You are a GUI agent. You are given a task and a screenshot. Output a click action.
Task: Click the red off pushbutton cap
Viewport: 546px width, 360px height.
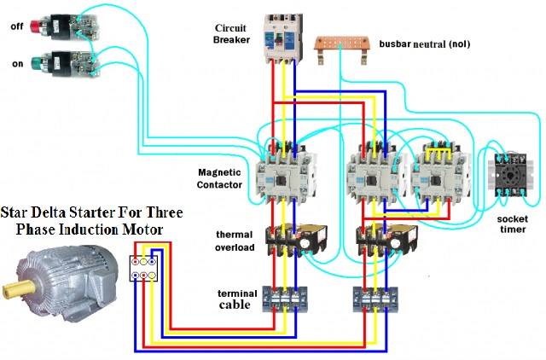click(35, 26)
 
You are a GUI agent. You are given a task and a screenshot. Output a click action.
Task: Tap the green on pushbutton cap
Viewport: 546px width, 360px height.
click(36, 63)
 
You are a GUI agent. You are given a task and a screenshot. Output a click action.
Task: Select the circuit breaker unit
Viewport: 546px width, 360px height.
click(283, 38)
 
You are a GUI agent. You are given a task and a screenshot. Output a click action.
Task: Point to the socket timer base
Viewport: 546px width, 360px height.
click(510, 174)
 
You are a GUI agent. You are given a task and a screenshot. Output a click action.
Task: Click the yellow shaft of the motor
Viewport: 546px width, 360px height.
click(18, 287)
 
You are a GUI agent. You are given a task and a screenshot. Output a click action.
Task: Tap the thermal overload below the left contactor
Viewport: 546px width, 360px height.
click(296, 241)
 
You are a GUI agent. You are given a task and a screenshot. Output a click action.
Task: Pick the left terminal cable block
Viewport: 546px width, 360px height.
click(285, 299)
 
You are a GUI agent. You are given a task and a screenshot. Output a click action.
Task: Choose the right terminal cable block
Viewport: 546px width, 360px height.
click(375, 299)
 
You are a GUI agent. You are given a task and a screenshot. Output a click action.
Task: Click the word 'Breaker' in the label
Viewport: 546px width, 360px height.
click(231, 40)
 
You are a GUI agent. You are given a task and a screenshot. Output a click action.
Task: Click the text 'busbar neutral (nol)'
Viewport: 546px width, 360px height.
click(425, 44)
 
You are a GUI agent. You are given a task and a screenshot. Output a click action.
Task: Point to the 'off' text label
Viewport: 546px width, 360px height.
click(17, 26)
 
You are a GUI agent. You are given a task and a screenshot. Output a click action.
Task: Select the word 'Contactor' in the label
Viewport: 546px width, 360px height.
click(219, 184)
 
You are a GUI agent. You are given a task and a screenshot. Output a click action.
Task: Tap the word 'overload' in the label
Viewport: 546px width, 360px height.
click(235, 247)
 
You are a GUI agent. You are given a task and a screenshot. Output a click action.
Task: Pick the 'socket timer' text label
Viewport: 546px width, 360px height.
click(512, 224)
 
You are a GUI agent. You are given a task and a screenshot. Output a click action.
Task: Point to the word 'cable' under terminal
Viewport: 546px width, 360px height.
click(235, 305)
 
